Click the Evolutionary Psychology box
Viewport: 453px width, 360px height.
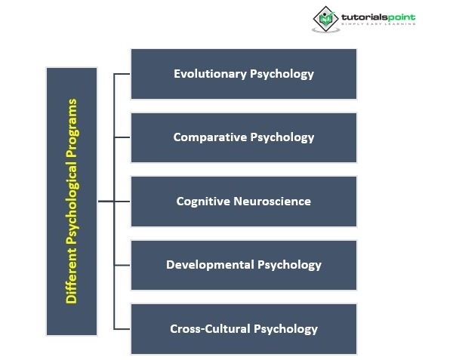click(x=243, y=74)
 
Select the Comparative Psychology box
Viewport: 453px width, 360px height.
click(x=243, y=137)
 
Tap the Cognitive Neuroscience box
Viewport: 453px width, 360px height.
click(x=243, y=202)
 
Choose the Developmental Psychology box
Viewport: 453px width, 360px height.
click(x=243, y=265)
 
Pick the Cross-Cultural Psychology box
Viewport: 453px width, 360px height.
click(x=243, y=329)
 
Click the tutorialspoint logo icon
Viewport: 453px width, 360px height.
click(x=325, y=19)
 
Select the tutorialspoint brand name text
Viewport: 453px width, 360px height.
click(x=377, y=17)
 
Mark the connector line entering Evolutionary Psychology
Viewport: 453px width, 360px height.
click(x=122, y=74)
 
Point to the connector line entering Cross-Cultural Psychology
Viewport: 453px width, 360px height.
click(x=122, y=329)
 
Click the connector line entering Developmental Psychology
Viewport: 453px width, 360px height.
click(x=122, y=265)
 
